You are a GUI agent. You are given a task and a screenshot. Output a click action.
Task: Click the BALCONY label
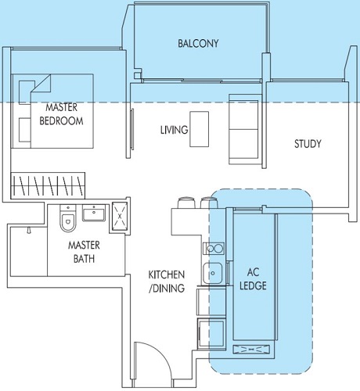pyautogui.click(x=198, y=43)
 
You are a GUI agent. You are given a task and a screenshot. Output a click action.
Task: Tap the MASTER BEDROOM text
pyautogui.click(x=61, y=114)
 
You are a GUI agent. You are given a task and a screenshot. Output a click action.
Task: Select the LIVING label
pyautogui.click(x=174, y=130)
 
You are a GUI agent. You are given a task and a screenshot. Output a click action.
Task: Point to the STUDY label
pyautogui.click(x=308, y=144)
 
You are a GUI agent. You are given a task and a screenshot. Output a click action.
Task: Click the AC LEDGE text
pyautogui.click(x=253, y=279)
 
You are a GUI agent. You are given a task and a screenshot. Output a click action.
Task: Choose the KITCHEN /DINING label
pyautogui.click(x=167, y=282)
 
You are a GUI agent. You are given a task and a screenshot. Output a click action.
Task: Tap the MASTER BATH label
pyautogui.click(x=84, y=252)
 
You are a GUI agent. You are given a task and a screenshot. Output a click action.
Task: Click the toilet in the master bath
pyautogui.click(x=68, y=218)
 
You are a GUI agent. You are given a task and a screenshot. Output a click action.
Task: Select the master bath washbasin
pyautogui.click(x=94, y=213)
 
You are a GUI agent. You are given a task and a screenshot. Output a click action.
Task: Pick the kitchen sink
pyautogui.click(x=213, y=273)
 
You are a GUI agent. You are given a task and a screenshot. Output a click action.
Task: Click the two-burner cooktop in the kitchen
pyautogui.click(x=214, y=249)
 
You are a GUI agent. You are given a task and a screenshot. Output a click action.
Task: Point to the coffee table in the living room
pyautogui.click(x=200, y=129)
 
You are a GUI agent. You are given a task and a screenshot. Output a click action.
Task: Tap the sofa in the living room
pyautogui.click(x=245, y=129)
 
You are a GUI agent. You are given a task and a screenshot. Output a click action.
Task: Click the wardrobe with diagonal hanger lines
pyautogui.click(x=48, y=185)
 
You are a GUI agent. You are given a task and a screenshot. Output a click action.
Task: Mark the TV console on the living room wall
pyautogui.click(x=132, y=129)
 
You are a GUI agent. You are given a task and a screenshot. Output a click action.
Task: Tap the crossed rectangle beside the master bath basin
pyautogui.click(x=120, y=216)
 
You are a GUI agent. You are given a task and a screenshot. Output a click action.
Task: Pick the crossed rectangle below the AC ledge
pyautogui.click(x=251, y=349)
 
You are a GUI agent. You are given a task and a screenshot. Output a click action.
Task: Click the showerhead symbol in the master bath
pyautogui.click(x=29, y=231)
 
